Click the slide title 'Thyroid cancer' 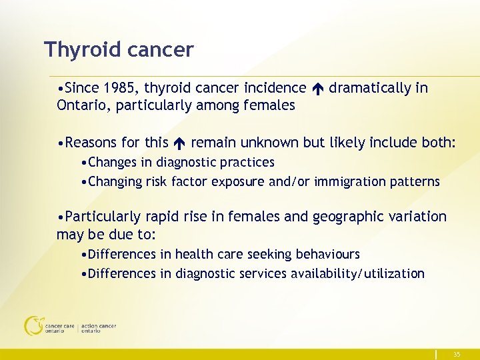pos(119,50)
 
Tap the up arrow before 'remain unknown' pos(180,143)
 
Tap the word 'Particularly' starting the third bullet pos(103,217)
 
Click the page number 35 pos(457,354)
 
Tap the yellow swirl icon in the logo pos(33,325)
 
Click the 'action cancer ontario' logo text pos(99,329)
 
